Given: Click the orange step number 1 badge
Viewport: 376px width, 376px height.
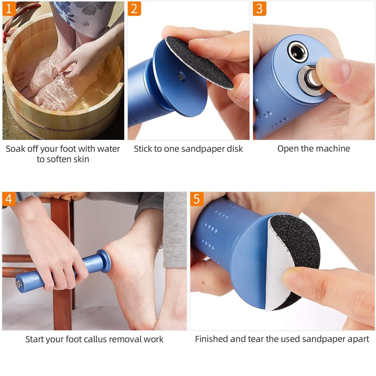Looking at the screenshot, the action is (x=9, y=9).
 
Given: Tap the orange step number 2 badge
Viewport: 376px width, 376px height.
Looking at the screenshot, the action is (x=134, y=9).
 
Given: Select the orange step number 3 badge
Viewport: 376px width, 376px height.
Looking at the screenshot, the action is (x=260, y=9).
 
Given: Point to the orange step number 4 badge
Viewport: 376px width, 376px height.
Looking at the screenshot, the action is (x=9, y=199).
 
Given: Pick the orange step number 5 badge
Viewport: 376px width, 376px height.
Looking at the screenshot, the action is (x=197, y=199).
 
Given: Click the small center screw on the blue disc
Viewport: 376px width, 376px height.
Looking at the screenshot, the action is (x=181, y=77).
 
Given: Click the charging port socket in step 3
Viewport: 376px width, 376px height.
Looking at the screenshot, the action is (x=298, y=52).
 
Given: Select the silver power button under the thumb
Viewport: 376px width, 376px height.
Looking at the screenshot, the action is (x=310, y=78).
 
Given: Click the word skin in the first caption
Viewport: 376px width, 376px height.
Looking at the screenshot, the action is (x=81, y=159).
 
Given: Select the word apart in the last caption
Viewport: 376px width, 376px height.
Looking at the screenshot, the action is (x=359, y=339).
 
